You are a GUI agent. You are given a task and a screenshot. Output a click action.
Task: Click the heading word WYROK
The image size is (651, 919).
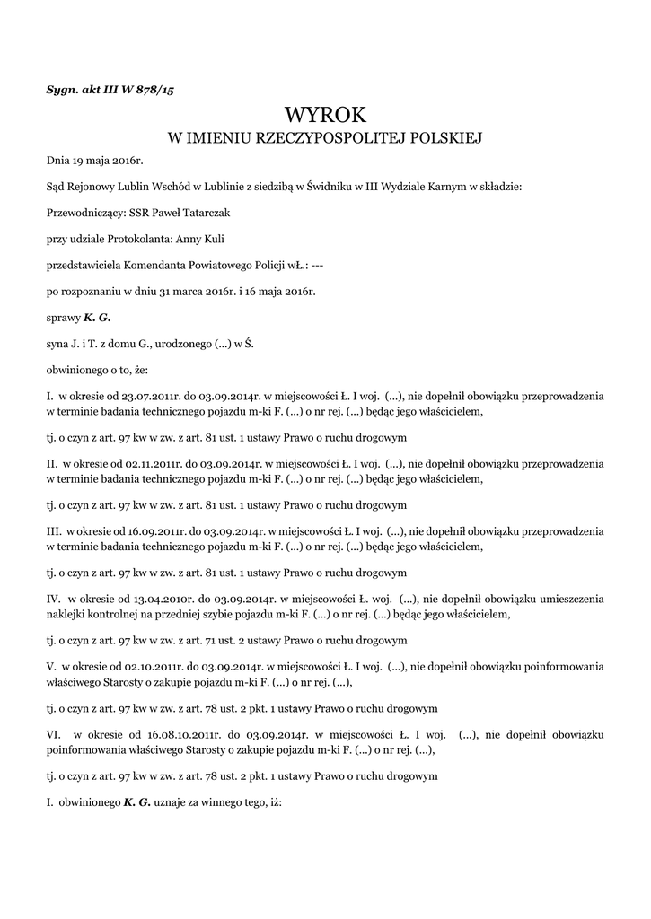click(326, 114)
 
